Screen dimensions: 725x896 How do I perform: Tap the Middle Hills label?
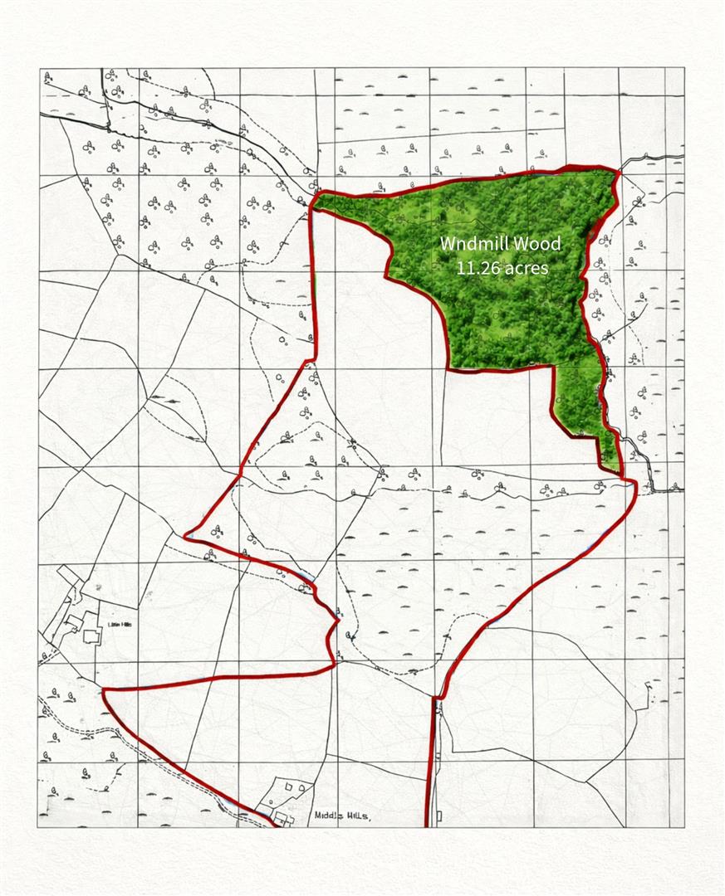(342, 816)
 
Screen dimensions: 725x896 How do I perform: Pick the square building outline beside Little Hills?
(91, 635)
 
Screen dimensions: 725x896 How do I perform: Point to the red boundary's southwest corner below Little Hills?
(105, 689)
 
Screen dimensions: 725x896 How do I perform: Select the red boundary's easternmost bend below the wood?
(635, 484)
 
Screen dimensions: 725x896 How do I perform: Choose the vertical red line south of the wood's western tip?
(311, 282)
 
